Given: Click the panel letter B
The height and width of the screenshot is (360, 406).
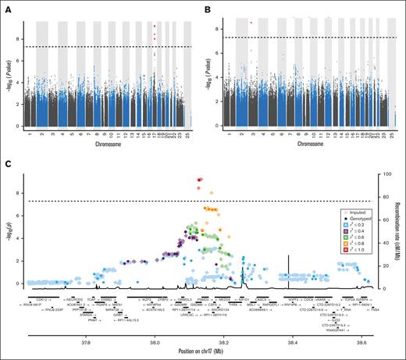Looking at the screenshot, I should click(x=209, y=8).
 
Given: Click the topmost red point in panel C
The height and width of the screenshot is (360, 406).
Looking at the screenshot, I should click(x=200, y=180).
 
